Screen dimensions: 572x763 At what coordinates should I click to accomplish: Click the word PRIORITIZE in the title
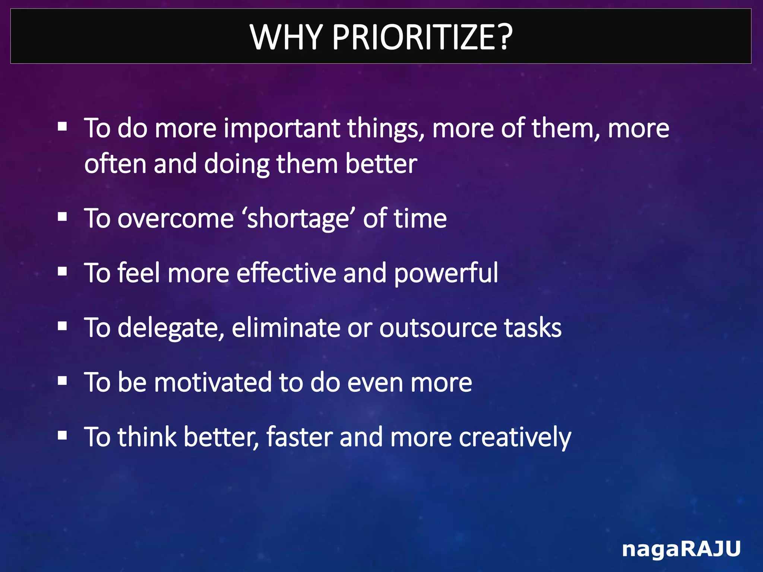[422, 37]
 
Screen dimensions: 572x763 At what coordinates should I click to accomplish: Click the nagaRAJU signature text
[681, 549]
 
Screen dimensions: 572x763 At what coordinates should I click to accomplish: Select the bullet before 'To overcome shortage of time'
[63, 217]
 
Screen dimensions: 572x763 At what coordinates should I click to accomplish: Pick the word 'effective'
[286, 273]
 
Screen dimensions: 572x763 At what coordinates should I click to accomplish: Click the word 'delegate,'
[171, 328]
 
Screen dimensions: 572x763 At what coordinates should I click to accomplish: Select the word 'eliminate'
[286, 328]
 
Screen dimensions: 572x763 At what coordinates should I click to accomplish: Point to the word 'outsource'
[438, 328]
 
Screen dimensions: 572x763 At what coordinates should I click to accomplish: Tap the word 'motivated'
[213, 382]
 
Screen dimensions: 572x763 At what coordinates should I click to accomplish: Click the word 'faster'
[299, 437]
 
